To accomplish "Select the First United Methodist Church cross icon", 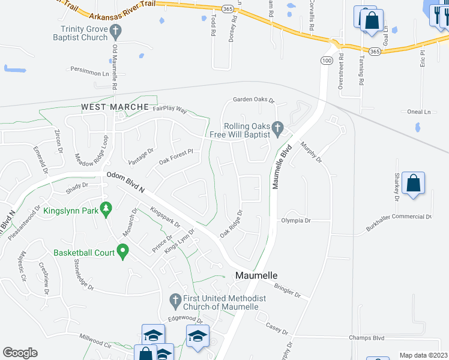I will pyautogui.click(x=175, y=299).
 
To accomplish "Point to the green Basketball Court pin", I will pyautogui.click(x=123, y=251).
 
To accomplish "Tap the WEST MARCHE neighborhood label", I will pyautogui.click(x=115, y=107).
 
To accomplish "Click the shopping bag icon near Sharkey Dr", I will pyautogui.click(x=414, y=183).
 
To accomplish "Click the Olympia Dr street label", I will pyautogui.click(x=295, y=221).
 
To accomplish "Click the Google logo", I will pyautogui.click(x=20, y=353).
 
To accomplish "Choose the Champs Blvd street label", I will pyautogui.click(x=366, y=338).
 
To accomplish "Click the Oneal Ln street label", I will pyautogui.click(x=419, y=112).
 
